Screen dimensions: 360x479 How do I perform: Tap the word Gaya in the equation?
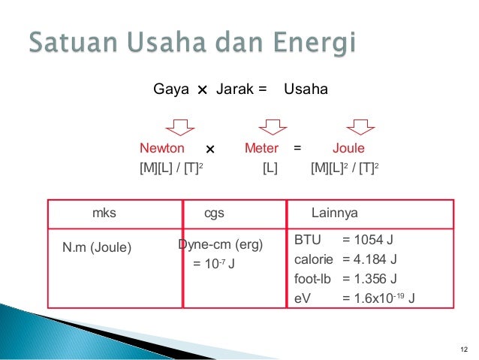170,90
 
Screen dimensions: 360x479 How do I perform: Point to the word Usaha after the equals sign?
306,90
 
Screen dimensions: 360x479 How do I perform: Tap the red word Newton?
162,149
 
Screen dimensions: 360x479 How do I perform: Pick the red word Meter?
261,149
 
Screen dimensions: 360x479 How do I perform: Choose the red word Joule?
348,149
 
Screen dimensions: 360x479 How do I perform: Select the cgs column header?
215,213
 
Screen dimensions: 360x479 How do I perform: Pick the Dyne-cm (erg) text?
220,245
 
